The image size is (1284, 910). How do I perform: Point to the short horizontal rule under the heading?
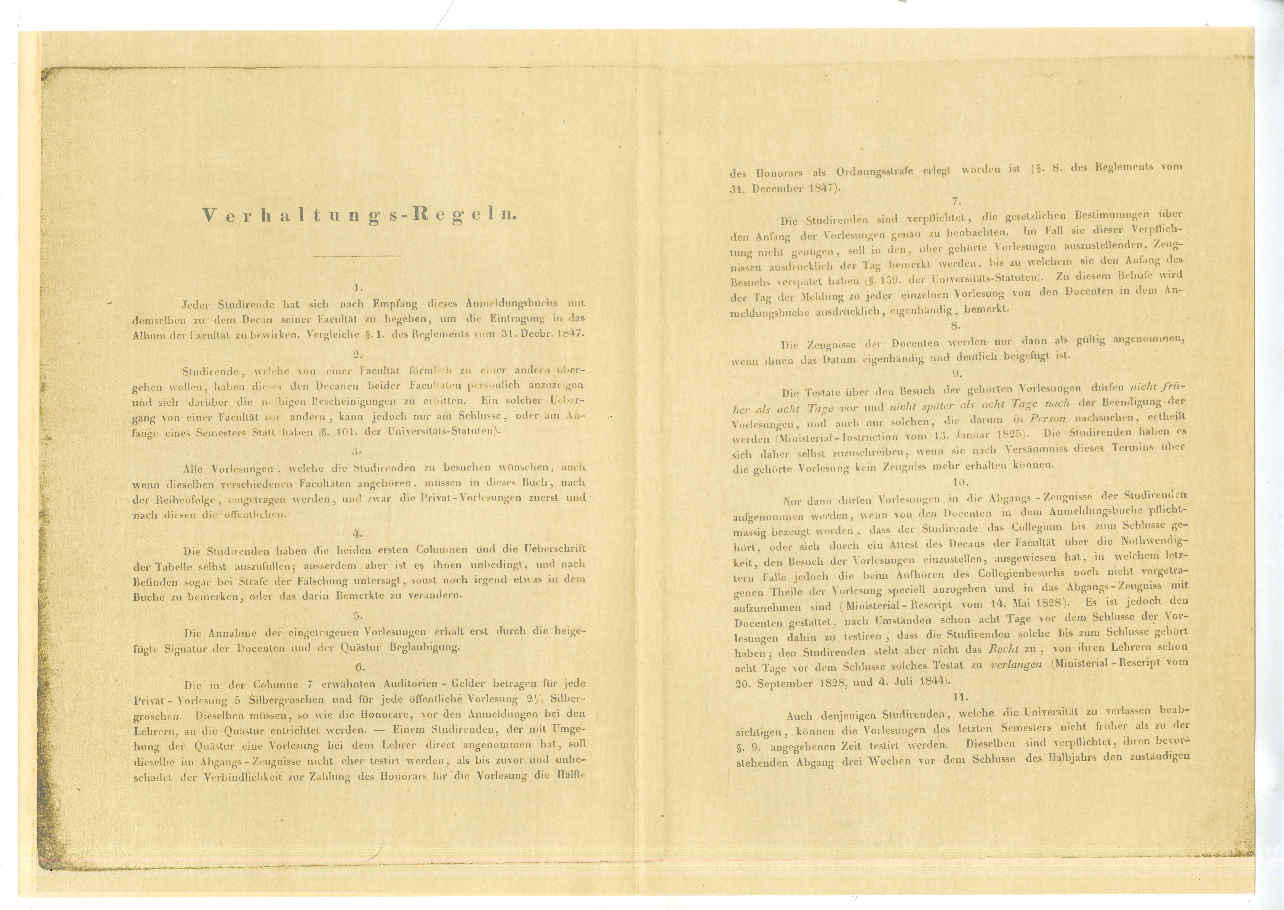tap(357, 256)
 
